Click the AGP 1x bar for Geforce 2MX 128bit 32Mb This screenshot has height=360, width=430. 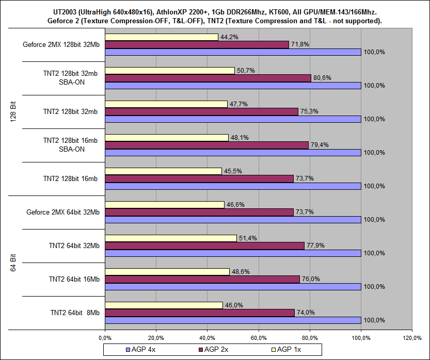click(162, 37)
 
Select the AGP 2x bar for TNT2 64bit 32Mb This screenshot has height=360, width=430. click(204, 246)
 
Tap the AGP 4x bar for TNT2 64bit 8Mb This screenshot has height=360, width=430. click(232, 320)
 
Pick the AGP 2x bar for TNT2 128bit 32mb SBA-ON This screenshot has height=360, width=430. click(208, 78)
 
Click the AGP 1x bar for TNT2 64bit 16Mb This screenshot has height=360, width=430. click(167, 271)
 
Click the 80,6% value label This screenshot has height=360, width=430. click(323, 78)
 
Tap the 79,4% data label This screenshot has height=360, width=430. click(321, 144)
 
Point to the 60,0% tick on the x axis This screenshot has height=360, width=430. click(259, 338)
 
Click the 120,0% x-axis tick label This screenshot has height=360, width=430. click(412, 338)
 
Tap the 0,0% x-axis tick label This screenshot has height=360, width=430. click(105, 338)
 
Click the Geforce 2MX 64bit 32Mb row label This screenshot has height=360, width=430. click(63, 212)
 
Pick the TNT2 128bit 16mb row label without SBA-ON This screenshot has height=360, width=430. click(71, 178)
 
